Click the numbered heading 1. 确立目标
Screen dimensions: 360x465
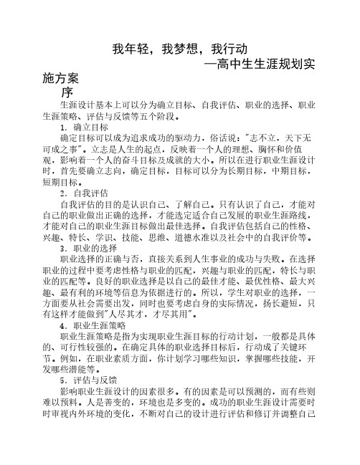click(x=86, y=127)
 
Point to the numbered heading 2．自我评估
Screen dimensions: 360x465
click(x=87, y=193)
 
